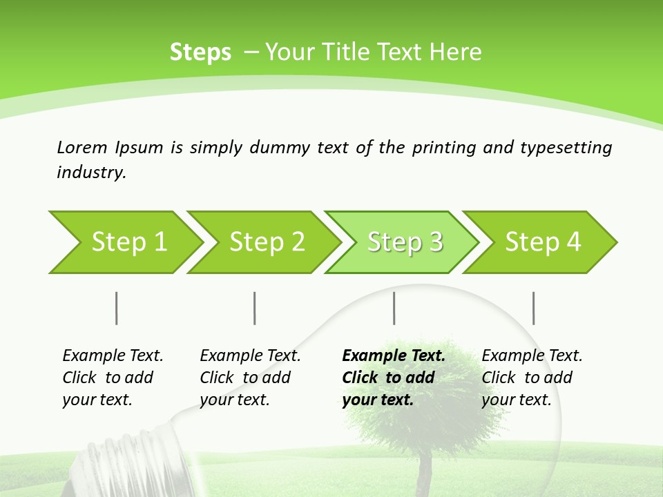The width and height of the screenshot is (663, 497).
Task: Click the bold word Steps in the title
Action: click(x=200, y=52)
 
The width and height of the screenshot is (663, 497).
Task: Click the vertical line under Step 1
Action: click(x=117, y=308)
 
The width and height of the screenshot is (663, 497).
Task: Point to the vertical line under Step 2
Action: click(x=255, y=308)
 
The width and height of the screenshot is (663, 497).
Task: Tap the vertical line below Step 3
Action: click(x=394, y=308)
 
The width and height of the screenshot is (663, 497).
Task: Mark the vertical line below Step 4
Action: click(x=533, y=308)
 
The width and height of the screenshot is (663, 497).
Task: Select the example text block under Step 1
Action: click(x=113, y=378)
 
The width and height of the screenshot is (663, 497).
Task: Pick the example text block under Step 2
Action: click(x=250, y=378)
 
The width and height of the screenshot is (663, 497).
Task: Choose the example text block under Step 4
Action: click(x=532, y=378)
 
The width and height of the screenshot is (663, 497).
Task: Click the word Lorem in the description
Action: click(x=81, y=148)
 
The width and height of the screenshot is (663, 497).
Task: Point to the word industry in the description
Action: click(x=91, y=173)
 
